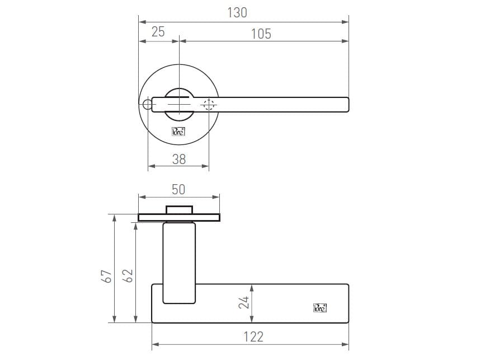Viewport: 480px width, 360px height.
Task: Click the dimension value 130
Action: [x=237, y=12]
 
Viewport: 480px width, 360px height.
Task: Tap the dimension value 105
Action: [x=261, y=34]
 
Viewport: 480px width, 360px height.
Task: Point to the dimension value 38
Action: [x=178, y=159]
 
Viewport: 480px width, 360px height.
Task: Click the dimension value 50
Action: [x=178, y=189]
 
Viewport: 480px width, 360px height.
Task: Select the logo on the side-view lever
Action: [x=319, y=307]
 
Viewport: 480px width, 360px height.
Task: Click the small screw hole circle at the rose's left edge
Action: [x=147, y=105]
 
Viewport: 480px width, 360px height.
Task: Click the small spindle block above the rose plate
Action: [x=179, y=210]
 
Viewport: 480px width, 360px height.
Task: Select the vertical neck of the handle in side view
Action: [x=180, y=263]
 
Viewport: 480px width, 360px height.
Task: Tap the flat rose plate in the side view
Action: [x=179, y=217]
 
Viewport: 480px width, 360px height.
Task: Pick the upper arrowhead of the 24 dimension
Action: [x=251, y=287]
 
